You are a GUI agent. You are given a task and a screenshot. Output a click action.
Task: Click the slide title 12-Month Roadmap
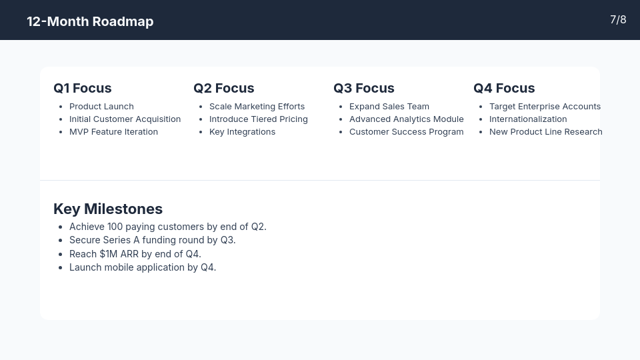point(90,21)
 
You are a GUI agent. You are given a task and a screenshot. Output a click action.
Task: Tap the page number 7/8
point(618,20)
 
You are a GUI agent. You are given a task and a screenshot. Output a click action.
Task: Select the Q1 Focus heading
point(83,88)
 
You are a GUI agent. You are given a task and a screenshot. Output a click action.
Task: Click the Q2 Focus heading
point(224,88)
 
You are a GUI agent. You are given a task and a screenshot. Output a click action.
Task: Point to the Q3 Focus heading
point(364,88)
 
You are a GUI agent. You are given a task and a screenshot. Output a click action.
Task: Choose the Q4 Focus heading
point(504,88)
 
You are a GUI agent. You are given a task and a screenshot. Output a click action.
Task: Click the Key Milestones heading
point(108,209)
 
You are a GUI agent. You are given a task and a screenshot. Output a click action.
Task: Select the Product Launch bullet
point(101,107)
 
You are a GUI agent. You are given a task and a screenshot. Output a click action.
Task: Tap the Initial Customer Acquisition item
point(125,119)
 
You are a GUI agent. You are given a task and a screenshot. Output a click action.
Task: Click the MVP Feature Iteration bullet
point(113,132)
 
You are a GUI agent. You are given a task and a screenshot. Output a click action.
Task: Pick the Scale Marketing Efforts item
point(257,107)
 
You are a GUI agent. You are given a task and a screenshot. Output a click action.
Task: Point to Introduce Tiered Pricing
point(258,119)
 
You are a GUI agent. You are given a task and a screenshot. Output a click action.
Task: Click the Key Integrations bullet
point(242,132)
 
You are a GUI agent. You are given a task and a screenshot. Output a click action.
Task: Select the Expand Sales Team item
point(389,107)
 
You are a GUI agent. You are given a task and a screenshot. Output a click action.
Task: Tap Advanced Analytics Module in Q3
point(406,119)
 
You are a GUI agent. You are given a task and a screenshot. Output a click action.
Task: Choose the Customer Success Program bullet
point(406,132)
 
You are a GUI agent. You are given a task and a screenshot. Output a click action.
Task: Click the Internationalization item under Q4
point(528,119)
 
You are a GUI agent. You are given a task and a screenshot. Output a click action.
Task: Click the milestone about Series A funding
point(152,240)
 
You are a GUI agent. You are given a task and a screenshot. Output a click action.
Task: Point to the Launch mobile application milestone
point(143,267)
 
